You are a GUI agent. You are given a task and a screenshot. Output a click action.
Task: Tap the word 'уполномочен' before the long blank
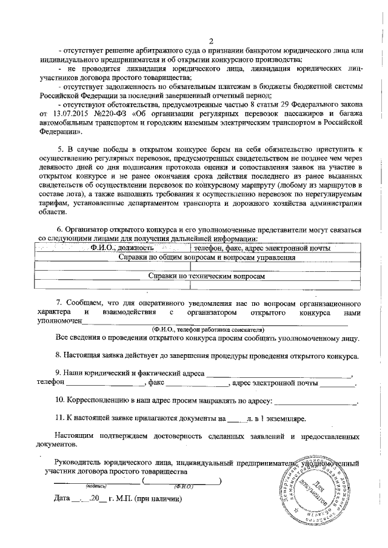(59, 321)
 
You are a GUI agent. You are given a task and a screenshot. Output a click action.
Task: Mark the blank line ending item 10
(316, 401)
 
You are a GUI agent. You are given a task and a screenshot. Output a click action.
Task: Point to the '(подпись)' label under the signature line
(96, 486)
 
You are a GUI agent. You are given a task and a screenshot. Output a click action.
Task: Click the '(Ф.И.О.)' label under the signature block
(182, 486)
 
